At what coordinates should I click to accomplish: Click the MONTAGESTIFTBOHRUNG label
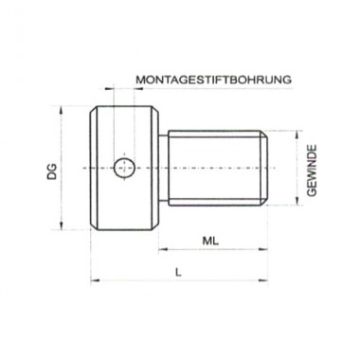coord(213,80)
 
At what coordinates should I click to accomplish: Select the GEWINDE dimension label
coord(312,171)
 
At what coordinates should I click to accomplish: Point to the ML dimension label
coord(210,241)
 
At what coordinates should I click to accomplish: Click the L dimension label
coord(179,272)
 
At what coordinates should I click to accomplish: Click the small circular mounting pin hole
coord(125,168)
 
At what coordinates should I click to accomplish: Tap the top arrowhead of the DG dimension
coord(62,111)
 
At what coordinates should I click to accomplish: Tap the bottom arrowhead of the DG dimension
coord(62,225)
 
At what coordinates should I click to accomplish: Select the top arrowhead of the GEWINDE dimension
coord(297,135)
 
